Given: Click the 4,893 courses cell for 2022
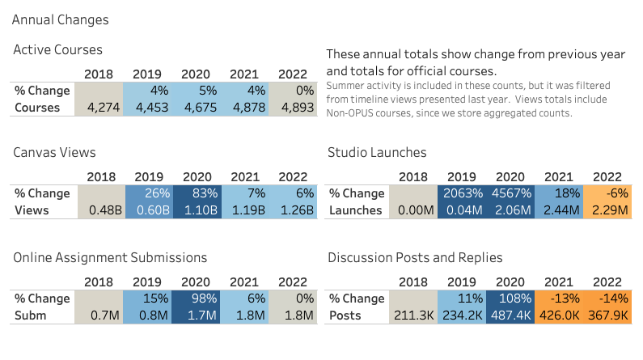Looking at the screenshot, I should click(292, 107).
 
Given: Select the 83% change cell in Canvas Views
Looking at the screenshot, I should click(195, 194).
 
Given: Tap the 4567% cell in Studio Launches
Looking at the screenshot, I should click(510, 194).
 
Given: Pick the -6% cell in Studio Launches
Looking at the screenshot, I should click(607, 194).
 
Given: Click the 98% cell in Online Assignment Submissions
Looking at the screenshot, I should click(195, 299).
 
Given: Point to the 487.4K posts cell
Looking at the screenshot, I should click(510, 316).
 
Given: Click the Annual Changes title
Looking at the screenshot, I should click(61, 19).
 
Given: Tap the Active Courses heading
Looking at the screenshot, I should click(57, 50).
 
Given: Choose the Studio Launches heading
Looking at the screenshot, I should click(377, 152).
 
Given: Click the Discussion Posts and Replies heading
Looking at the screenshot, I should click(415, 257).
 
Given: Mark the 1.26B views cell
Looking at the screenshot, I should click(292, 210).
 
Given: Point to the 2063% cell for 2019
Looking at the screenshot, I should click(461, 194).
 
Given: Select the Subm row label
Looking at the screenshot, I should click(30, 316).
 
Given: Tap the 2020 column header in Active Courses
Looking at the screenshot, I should click(196, 74).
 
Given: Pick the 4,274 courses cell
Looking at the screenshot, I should click(99, 107).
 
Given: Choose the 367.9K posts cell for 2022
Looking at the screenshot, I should click(607, 316).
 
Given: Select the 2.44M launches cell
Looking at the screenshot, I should click(558, 210).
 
